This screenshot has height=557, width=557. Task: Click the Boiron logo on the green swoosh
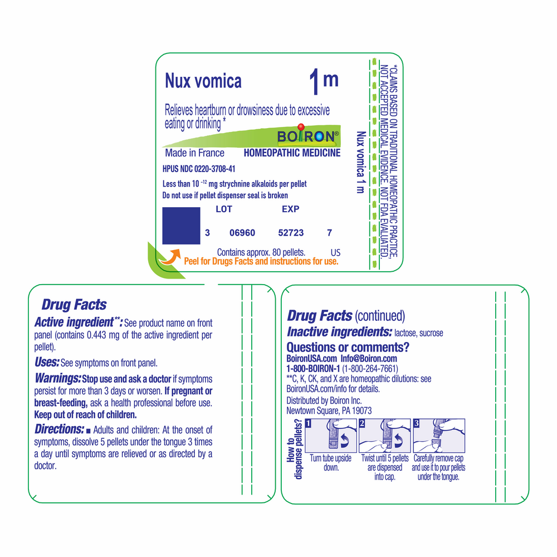click(307, 135)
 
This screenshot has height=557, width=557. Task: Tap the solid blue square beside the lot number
click(181, 226)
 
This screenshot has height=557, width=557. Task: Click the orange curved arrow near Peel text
click(170, 257)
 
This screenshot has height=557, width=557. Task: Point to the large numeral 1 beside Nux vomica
click(314, 82)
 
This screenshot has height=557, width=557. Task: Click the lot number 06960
click(242, 233)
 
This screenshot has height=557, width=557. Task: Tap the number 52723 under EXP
click(291, 233)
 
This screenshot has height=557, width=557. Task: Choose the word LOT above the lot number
click(224, 209)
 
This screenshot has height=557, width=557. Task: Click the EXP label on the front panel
click(291, 209)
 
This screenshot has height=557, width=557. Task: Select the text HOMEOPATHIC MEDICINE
click(292, 153)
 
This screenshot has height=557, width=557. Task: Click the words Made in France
click(194, 153)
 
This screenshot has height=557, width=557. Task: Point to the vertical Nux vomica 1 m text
click(361, 162)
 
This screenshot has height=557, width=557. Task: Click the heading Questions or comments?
click(348, 346)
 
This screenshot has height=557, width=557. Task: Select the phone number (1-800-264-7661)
click(370, 369)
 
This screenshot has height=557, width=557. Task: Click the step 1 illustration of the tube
click(331, 436)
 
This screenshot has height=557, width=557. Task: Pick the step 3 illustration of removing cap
click(439, 436)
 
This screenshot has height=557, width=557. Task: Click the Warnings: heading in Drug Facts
click(58, 378)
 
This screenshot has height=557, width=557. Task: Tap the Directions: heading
click(60, 429)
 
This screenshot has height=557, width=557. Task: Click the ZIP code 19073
click(361, 411)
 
